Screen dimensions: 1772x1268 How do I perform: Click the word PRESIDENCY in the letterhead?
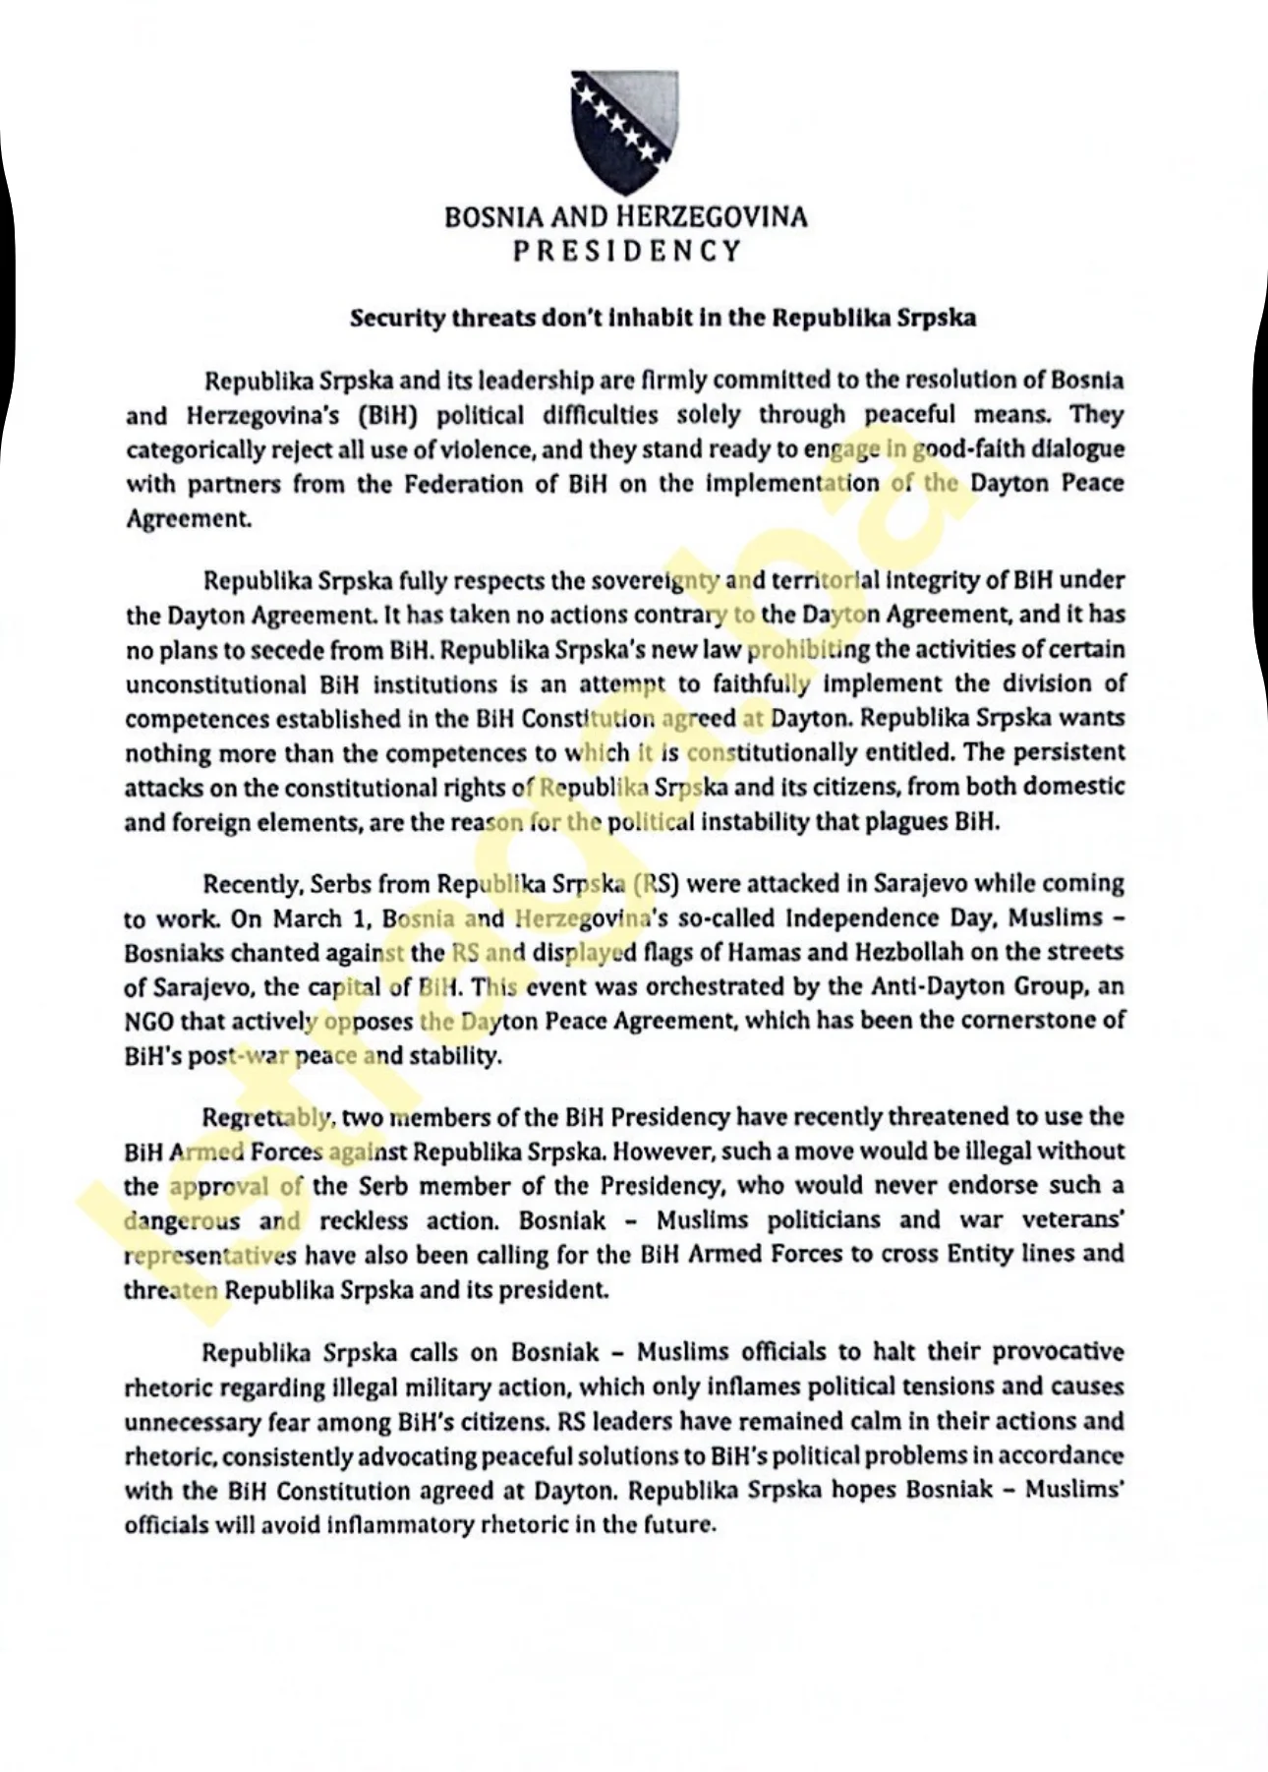(627, 251)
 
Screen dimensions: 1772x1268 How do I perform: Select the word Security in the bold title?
(392, 319)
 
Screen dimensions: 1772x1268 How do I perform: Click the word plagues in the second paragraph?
(905, 821)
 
